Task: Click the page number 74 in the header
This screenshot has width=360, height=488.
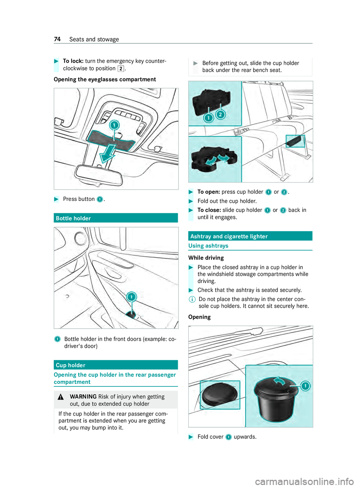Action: pyautogui.click(x=57, y=39)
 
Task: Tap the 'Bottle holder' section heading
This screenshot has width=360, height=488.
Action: pyautogui.click(x=73, y=219)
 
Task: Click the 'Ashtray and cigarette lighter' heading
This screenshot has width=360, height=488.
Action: pyautogui.click(x=229, y=237)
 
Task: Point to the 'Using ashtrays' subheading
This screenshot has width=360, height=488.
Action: pyautogui.click(x=208, y=246)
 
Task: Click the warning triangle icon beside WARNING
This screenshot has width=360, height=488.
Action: pyautogui.click(x=61, y=397)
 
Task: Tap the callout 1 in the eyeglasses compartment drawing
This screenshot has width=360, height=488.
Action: pyautogui.click(x=114, y=125)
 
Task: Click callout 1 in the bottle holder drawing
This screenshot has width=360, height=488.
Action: pyautogui.click(x=131, y=297)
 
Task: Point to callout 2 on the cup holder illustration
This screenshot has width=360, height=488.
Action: pyautogui.click(x=221, y=114)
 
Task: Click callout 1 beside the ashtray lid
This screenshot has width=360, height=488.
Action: pyautogui.click(x=306, y=386)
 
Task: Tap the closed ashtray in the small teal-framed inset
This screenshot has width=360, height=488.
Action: pyautogui.click(x=219, y=395)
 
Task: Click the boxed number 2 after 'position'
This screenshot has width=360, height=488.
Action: pyautogui.click(x=121, y=69)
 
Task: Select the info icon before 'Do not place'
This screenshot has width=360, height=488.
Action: pyautogui.click(x=192, y=299)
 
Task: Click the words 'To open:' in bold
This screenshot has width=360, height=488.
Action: pyautogui.click(x=208, y=192)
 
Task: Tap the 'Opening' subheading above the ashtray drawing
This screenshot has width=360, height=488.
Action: pyautogui.click(x=199, y=317)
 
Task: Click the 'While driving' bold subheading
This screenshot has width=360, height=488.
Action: pyautogui.click(x=206, y=258)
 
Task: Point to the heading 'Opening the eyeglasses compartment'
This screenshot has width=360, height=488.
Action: pyautogui.click(x=105, y=79)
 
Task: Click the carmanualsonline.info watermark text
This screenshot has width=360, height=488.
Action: pyautogui.click(x=304, y=481)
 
